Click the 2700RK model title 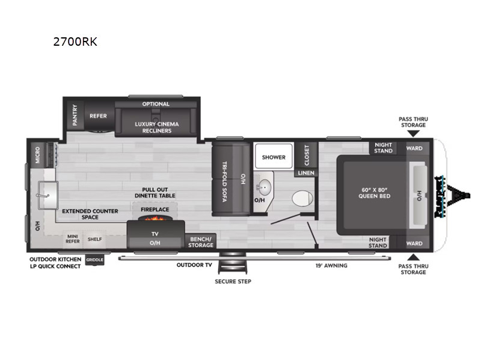[x=75, y=42]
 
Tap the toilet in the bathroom [x=302, y=199]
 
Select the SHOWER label [x=274, y=157]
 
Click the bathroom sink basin [x=263, y=187]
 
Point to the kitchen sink [x=48, y=195]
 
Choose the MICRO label [x=37, y=155]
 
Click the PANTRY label [x=75, y=115]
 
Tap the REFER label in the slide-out [x=98, y=116]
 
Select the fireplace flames [x=155, y=218]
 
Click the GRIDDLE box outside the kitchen [x=94, y=260]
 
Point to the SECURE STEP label [x=233, y=282]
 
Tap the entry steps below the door [x=233, y=263]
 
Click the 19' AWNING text [x=331, y=265]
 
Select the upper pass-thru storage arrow [x=413, y=134]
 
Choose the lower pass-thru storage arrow [x=413, y=258]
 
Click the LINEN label [x=306, y=173]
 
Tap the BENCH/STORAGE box [x=201, y=242]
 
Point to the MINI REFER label [x=73, y=239]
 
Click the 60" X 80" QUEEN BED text [x=374, y=193]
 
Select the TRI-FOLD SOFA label [x=224, y=182]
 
